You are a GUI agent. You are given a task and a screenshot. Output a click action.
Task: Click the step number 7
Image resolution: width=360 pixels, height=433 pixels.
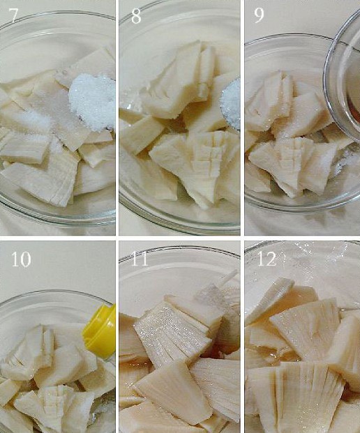coord(13,16)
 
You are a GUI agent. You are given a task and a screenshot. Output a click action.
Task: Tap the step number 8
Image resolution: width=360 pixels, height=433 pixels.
coord(136,16)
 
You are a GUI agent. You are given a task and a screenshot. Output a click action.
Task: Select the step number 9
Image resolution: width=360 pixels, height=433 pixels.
coord(259,16)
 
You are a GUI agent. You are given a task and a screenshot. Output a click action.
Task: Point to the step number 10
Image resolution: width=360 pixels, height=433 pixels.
coord(21,259)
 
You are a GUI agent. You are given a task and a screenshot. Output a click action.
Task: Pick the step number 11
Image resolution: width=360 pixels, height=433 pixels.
coord(139,259)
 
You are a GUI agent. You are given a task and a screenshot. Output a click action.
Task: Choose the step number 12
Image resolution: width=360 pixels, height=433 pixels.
coord(267,259)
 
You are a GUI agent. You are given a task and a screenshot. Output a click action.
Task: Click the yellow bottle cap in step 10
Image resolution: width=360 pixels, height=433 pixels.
coord(100,331)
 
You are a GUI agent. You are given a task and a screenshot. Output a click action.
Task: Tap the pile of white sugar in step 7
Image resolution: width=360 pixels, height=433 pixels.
coord(93,102)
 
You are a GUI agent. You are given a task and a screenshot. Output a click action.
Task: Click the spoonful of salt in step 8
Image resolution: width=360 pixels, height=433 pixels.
coord(231,104)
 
